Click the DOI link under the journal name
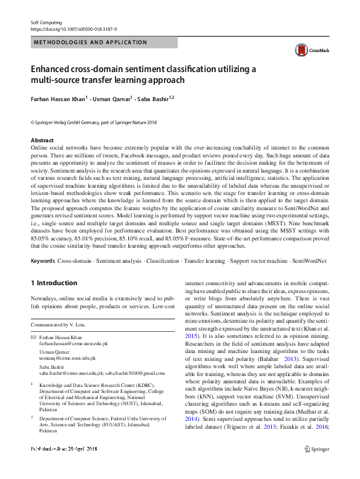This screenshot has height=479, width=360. pos(73,28)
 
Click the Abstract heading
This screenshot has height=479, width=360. pos(42,140)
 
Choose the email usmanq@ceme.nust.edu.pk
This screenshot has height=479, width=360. pos(67,358)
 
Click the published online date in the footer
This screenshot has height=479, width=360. pos(66,466)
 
